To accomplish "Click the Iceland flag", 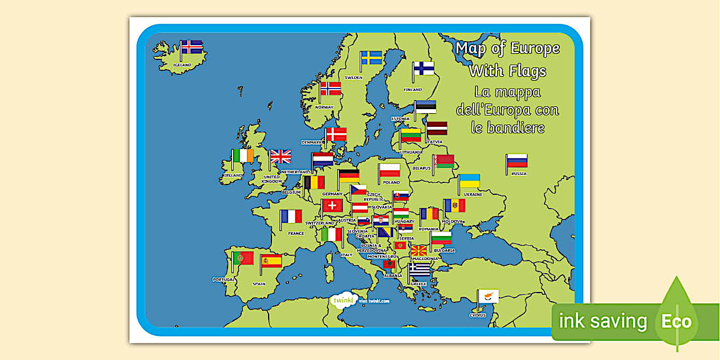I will click(191, 47).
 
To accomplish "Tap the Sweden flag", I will click(371, 58).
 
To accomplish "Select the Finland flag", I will click(424, 69).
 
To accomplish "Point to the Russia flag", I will click(517, 161).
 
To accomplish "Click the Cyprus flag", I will click(489, 296).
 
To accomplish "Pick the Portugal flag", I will click(243, 258).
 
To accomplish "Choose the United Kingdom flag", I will click(281, 157).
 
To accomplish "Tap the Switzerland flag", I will click(332, 206).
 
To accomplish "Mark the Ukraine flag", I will click(470, 181).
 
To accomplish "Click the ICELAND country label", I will click(182, 65).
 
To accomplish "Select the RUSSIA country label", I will click(519, 173).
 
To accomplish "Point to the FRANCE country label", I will click(296, 233).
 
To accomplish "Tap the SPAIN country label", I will click(259, 283).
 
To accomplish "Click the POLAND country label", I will click(391, 182).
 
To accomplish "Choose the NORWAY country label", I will click(325, 107).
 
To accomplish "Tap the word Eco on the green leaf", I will click(677, 322).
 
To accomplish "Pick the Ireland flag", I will click(243, 156).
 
